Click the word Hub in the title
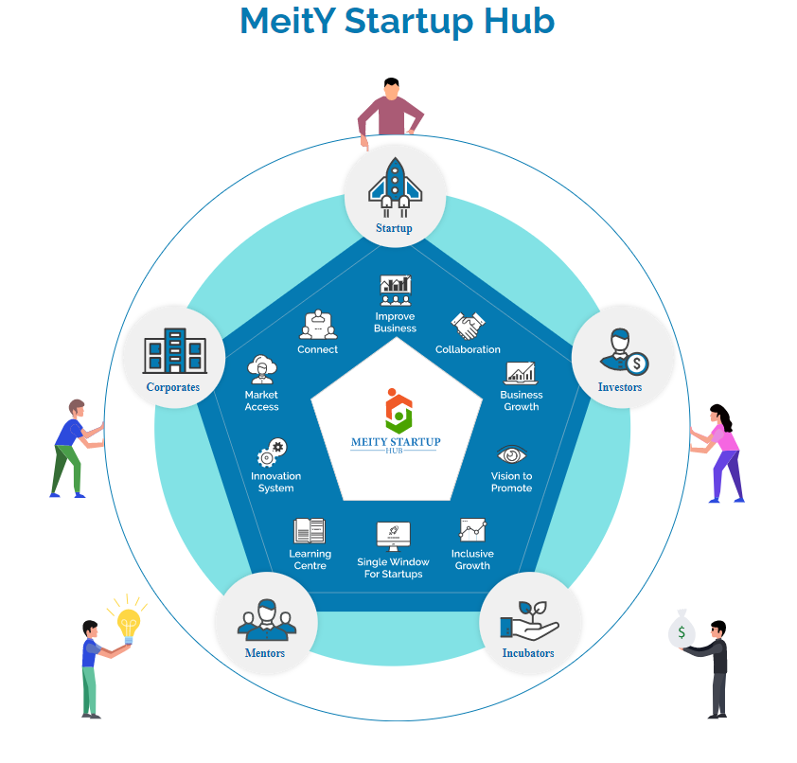(519, 22)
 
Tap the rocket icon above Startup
(395, 187)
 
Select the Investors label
(620, 387)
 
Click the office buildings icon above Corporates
(175, 351)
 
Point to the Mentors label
(265, 653)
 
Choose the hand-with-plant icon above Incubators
(529, 621)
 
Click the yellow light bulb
(128, 624)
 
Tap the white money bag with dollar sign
(682, 630)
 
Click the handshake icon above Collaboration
(468, 326)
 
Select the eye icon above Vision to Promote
(511, 454)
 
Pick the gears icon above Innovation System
(272, 452)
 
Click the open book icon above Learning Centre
(310, 531)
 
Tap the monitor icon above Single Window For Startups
(394, 537)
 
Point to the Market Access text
(262, 400)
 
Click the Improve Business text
(395, 322)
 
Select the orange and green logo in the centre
(398, 411)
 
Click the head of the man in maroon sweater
(391, 90)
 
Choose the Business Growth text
(521, 400)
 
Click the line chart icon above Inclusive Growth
(472, 530)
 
